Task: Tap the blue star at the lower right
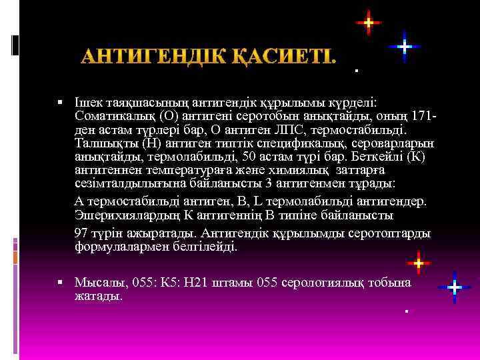coord(454,287)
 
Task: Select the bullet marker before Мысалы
coord(61,283)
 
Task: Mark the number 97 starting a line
coord(81,235)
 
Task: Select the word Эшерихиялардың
coord(123,215)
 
